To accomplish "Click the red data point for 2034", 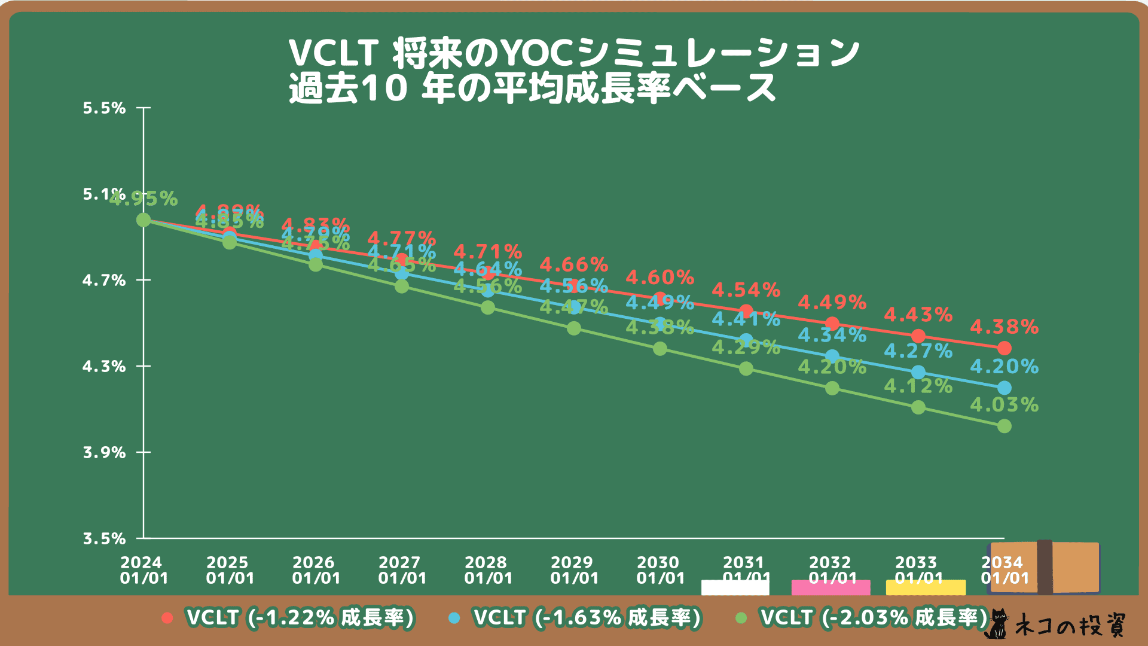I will coord(1004,348).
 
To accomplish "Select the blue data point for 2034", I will coord(1004,388).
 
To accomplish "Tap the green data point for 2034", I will coord(1004,426).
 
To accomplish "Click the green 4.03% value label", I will coord(1004,405).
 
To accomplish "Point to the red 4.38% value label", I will coord(1004,327).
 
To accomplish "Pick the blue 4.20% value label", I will coord(1004,366).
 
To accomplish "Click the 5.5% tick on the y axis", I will coord(104,108).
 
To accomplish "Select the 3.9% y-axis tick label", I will coord(104,453).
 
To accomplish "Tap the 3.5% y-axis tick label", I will coord(104,539).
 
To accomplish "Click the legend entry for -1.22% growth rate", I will coord(288,618).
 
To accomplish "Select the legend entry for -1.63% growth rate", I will coord(575,618).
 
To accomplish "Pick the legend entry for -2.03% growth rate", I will coord(862,618).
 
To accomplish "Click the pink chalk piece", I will coord(831,588).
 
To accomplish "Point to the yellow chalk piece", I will coord(926,588).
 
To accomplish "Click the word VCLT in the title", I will coord(334,53).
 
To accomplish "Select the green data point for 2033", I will coord(918,407).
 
